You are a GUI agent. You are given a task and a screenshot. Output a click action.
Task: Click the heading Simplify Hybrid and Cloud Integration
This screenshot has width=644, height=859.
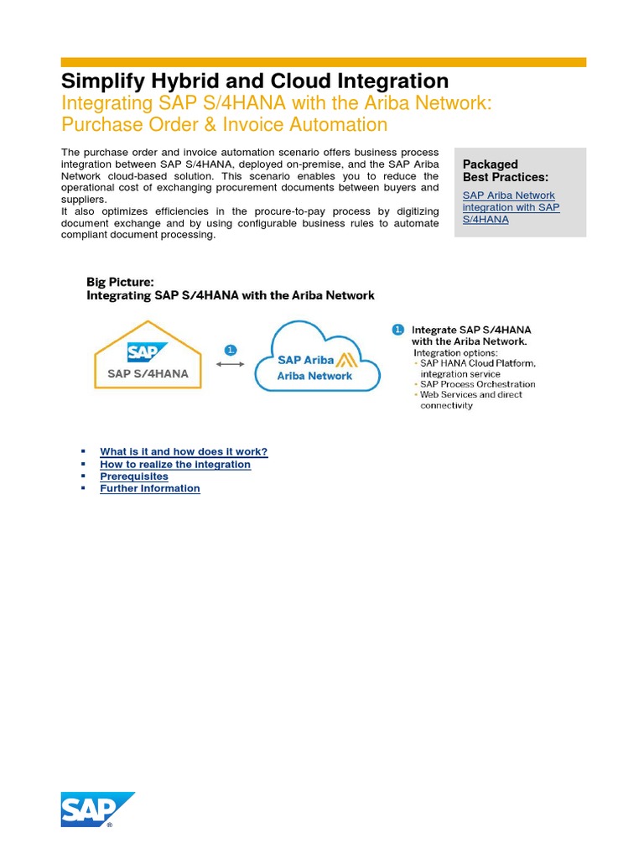coord(255,81)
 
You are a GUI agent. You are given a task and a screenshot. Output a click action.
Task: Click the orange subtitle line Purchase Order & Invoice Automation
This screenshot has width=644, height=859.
coord(224,125)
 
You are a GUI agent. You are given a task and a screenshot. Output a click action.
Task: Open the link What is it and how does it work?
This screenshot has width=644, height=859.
coord(184,451)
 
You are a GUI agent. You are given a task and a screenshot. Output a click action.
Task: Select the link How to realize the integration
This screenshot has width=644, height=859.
coord(175,464)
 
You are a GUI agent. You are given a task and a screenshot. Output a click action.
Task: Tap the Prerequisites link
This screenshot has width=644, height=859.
coord(134,476)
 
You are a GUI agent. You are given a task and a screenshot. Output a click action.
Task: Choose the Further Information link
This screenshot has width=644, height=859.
coord(150,488)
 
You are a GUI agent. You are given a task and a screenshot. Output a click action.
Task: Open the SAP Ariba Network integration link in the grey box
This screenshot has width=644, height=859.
coord(511,207)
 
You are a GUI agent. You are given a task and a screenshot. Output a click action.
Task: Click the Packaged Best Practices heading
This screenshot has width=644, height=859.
coord(505,171)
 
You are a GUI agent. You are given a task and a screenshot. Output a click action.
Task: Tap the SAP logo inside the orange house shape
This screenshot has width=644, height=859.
coord(147,351)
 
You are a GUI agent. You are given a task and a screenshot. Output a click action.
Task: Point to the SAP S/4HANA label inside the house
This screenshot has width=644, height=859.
coord(148,374)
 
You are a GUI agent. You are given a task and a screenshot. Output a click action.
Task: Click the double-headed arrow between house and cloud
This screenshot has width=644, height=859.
coord(231,364)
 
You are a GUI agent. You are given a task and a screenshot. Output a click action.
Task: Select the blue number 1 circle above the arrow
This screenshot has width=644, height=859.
coord(231,350)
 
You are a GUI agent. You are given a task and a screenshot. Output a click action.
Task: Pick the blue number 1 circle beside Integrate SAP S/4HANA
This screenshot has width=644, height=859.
coord(397,330)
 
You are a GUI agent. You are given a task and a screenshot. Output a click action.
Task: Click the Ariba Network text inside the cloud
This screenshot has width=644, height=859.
coord(314,376)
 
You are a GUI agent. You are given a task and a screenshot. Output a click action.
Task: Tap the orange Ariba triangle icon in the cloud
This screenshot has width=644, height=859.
coord(346,360)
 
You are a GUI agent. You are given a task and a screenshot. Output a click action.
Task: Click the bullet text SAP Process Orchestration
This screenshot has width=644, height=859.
coord(477,384)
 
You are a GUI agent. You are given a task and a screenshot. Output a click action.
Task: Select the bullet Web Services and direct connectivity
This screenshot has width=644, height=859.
coord(470,399)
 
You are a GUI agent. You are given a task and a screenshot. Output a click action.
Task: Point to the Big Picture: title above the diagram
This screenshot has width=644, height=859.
coord(120,283)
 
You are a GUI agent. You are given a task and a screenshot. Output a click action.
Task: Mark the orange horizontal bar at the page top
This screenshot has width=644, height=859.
coord(323,62)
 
